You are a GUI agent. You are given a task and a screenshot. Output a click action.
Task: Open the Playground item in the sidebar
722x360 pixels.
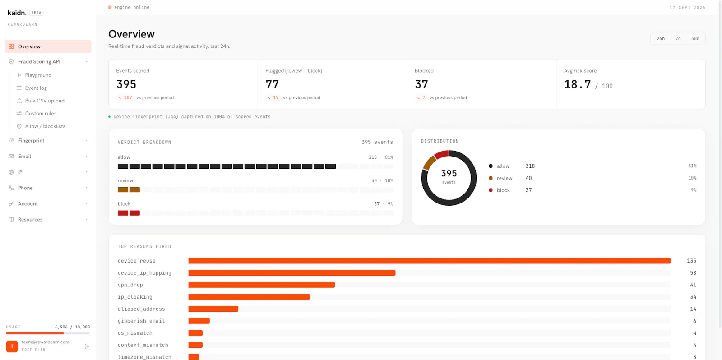pos(38,75)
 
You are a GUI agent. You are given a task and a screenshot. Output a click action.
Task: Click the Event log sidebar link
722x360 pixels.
pos(36,88)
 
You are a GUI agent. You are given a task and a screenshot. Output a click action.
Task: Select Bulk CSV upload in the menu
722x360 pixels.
pos(45,101)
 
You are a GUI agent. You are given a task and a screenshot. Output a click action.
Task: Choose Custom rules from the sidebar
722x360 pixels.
pos(41,113)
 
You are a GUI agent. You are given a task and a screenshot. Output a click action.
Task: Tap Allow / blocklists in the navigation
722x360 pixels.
pos(45,126)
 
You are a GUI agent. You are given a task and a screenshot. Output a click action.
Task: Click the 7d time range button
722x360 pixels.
pos(678,38)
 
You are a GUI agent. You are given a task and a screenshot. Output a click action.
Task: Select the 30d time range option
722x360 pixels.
pos(695,38)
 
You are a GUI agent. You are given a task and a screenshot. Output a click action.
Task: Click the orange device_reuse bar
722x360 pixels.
pos(429,261)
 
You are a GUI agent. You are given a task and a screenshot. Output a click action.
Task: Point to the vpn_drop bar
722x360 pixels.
pos(261,285)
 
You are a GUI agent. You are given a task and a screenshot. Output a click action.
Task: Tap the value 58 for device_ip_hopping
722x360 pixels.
pos(693,273)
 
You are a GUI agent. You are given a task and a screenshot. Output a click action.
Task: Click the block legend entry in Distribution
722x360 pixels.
pos(503,190)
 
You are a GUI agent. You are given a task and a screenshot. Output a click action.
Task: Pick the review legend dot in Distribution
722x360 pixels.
pos(491,178)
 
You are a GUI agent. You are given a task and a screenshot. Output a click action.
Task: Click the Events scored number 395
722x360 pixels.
pos(126,84)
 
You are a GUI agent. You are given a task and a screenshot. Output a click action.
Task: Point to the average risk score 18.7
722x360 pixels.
pos(577,84)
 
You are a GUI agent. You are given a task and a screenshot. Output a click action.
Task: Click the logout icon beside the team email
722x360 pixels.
pos(87,346)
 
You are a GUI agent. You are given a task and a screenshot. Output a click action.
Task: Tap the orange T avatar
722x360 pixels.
pos(12,346)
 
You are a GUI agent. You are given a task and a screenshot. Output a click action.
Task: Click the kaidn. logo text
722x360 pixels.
pos(17,13)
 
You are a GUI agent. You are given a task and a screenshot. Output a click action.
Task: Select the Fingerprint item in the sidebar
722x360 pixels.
pos(31,140)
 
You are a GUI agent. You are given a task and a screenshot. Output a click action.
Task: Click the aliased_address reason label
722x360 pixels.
pos(141,309)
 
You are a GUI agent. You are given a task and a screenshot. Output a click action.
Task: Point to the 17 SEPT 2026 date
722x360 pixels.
pos(687,7)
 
